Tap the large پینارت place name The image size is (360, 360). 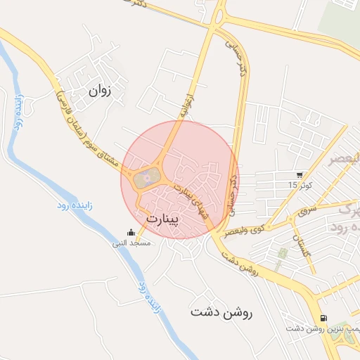click(163, 219)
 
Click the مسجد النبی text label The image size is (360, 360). click(130, 243)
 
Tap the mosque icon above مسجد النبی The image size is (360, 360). click(130, 233)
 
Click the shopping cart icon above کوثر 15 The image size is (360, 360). click(300, 174)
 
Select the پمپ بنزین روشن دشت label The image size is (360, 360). click(323, 328)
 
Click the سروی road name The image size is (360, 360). click(308, 210)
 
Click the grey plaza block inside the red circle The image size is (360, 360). click(145, 177)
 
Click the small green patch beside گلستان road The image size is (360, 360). click(283, 252)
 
